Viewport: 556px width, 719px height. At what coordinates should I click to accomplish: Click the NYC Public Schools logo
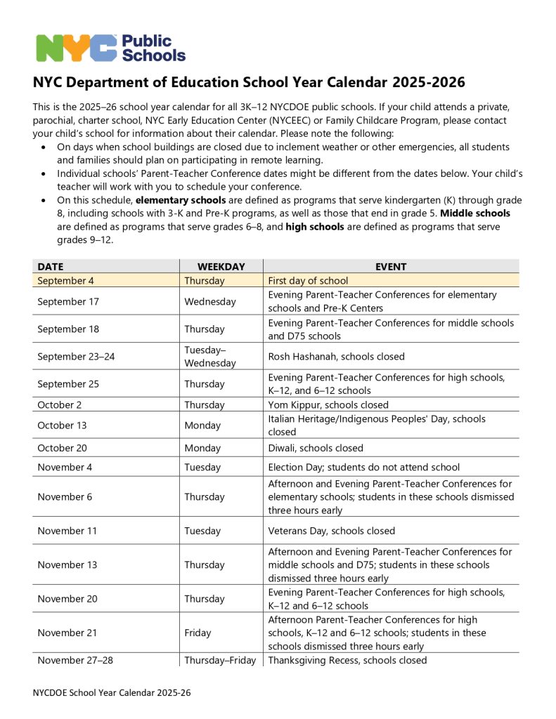pyautogui.click(x=111, y=47)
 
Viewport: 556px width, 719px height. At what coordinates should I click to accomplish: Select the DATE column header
pyautogui.click(x=50, y=267)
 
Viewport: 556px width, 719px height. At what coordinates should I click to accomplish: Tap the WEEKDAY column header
pyautogui.click(x=221, y=267)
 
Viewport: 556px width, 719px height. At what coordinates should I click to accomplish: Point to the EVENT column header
pyautogui.click(x=391, y=267)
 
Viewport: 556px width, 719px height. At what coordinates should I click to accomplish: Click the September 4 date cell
pyautogui.click(x=67, y=281)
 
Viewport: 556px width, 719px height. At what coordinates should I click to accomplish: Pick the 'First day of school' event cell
pyautogui.click(x=308, y=281)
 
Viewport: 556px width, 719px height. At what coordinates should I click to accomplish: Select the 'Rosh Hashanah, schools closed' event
pyautogui.click(x=336, y=356)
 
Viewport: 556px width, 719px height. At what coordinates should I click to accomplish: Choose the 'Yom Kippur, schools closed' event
pyautogui.click(x=328, y=405)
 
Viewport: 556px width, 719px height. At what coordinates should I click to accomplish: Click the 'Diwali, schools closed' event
pyautogui.click(x=316, y=448)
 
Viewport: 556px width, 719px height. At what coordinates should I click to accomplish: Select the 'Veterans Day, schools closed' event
pyautogui.click(x=332, y=531)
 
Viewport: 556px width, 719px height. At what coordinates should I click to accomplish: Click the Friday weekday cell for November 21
pyautogui.click(x=198, y=633)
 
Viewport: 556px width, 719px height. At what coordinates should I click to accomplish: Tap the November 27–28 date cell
pyautogui.click(x=74, y=660)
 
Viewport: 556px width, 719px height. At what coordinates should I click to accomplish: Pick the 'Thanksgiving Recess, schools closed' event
pyautogui.click(x=347, y=660)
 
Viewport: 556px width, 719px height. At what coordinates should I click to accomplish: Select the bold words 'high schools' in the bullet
pyautogui.click(x=316, y=226)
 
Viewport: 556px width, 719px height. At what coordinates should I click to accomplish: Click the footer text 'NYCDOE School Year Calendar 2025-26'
pyautogui.click(x=112, y=692)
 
